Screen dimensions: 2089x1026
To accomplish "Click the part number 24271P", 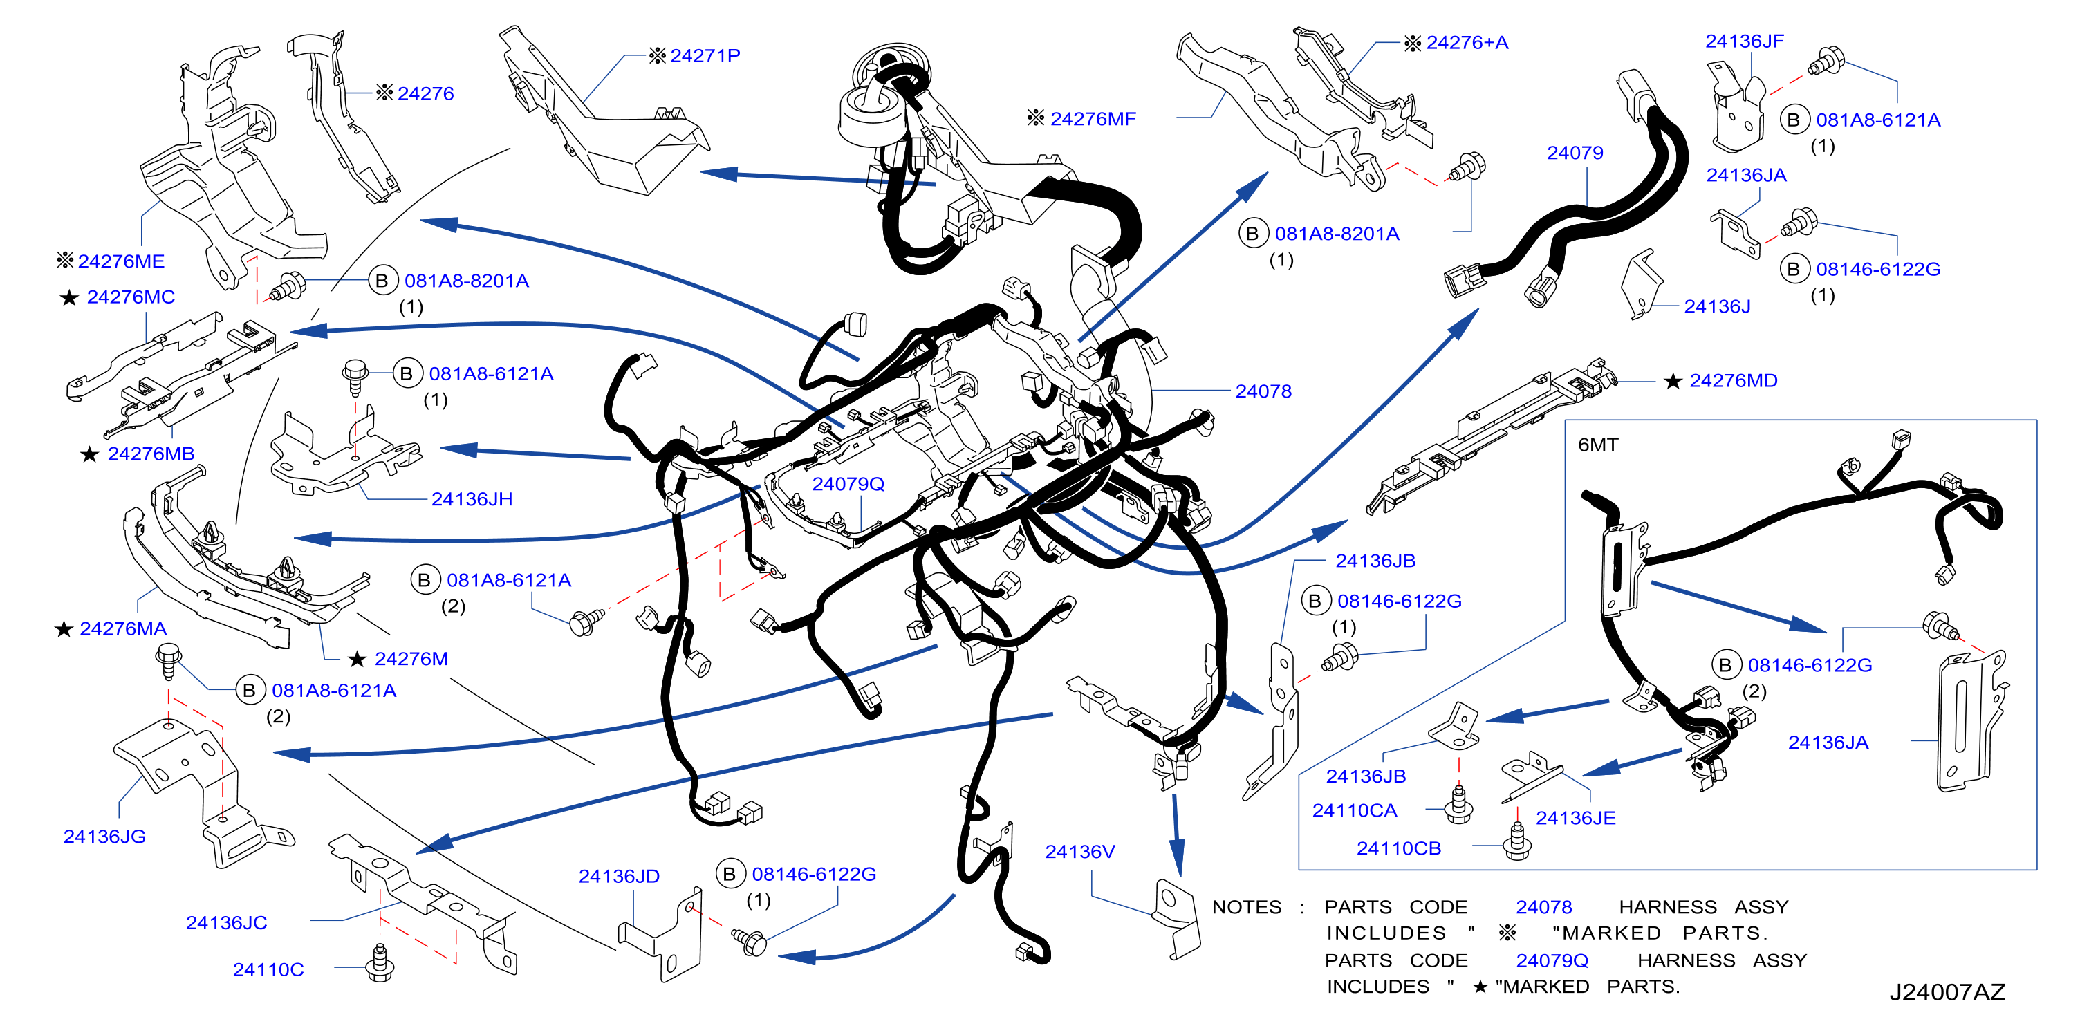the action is (705, 55).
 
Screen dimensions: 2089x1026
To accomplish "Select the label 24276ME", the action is (121, 261).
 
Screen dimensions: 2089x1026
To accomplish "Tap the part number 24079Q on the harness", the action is (848, 483).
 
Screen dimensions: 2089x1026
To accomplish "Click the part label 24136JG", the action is (104, 835).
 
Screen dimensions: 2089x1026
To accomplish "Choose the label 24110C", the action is (268, 969).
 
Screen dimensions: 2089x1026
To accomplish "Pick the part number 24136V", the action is (1079, 851).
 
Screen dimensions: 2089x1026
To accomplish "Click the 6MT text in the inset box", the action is (1597, 445).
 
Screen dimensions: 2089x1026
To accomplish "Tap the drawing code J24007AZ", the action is (1947, 991).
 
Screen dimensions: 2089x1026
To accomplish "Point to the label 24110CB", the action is (1398, 848).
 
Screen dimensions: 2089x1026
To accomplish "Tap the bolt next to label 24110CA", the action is (1459, 805).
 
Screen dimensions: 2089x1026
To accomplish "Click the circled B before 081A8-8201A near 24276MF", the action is (1252, 234).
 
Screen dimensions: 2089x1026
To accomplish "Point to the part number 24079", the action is (1574, 153).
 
